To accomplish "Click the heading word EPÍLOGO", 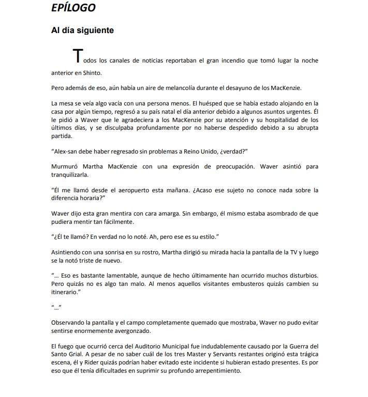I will (73, 8).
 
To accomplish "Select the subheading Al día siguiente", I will (82, 30).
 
